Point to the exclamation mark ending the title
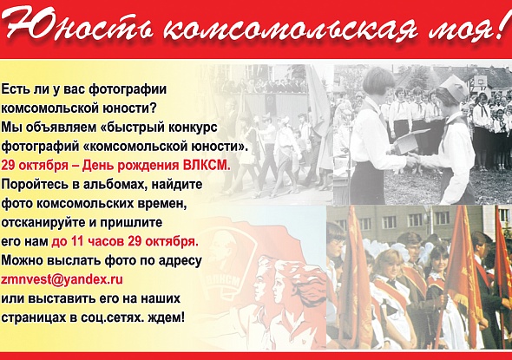coord(502,25)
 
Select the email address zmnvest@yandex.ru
coord(62,279)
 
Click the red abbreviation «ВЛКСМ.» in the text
coord(207,166)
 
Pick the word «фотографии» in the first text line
coord(128,90)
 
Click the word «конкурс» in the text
coord(193,128)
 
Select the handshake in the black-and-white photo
coord(413,159)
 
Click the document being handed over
coord(410,140)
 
